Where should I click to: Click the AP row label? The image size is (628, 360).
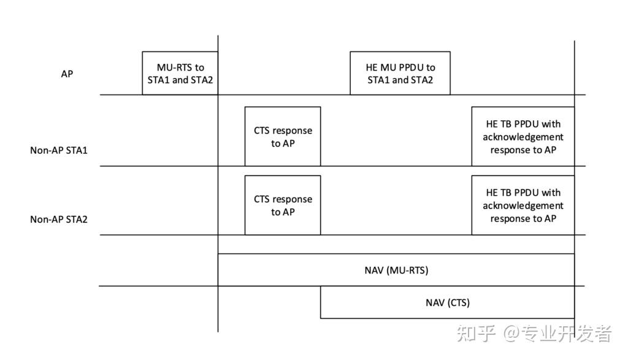[x=67, y=74]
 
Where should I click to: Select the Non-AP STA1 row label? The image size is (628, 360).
[x=59, y=150]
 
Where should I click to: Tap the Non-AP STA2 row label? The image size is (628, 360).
[x=59, y=219]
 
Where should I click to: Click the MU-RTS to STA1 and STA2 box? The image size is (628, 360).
[x=180, y=74]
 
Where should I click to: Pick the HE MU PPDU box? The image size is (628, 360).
[x=400, y=74]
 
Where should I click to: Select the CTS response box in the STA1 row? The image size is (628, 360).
[x=283, y=137]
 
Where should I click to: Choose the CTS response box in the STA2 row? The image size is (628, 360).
[x=283, y=205]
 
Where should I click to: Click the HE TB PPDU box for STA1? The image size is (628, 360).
[x=523, y=137]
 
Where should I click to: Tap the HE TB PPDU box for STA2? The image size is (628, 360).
[x=523, y=205]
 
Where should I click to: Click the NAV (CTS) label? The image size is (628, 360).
[x=448, y=302]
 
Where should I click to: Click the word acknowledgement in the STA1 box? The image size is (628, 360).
[x=523, y=137]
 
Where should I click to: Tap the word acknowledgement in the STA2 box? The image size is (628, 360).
[x=523, y=205]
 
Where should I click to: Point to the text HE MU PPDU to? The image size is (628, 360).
[x=400, y=67]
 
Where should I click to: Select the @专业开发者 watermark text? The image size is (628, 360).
[x=557, y=334]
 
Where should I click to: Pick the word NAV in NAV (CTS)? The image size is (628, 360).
[x=435, y=302]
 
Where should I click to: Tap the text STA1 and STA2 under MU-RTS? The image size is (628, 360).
[x=180, y=80]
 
